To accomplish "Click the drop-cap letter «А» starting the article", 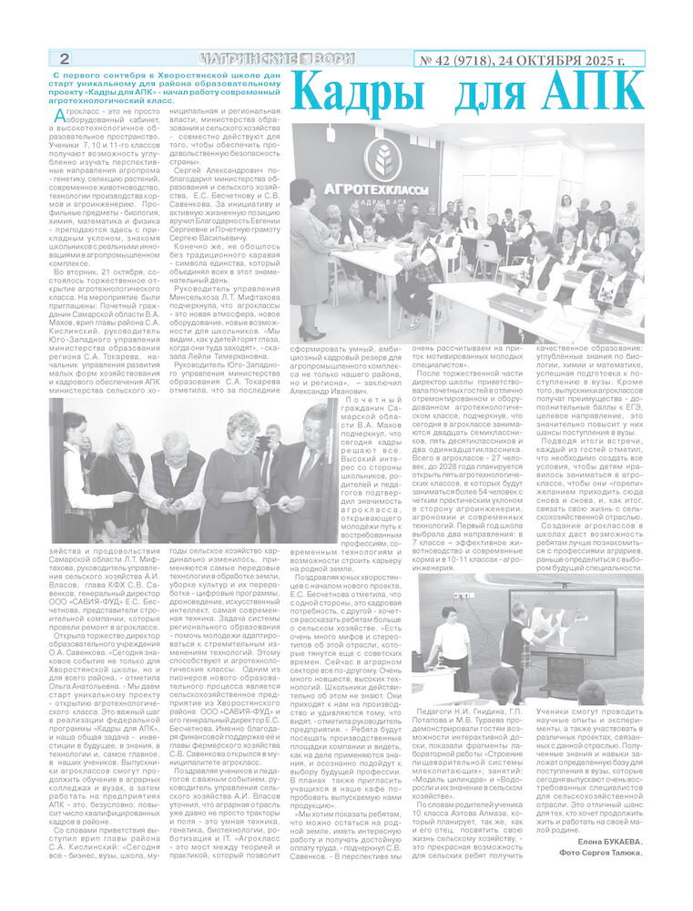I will [x=59, y=116].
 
